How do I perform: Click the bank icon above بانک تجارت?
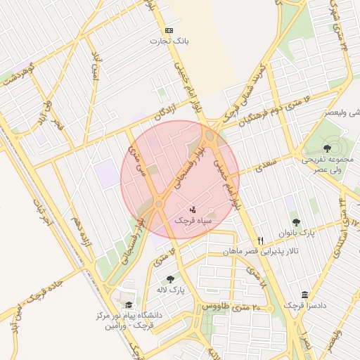coord(169,30)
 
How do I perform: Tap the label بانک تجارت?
coord(169,41)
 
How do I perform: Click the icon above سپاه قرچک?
coord(193,210)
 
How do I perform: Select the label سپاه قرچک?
coord(192,221)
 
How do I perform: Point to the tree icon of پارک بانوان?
coord(314,221)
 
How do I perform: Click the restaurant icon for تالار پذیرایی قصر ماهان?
coord(261,240)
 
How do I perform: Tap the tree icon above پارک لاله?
coord(169,279)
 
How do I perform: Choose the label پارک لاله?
coord(170,290)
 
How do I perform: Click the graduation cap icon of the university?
coord(129,304)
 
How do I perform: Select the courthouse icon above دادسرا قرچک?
coord(304,295)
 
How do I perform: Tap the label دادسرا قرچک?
coord(304,306)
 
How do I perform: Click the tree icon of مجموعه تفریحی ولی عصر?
coord(328,148)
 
